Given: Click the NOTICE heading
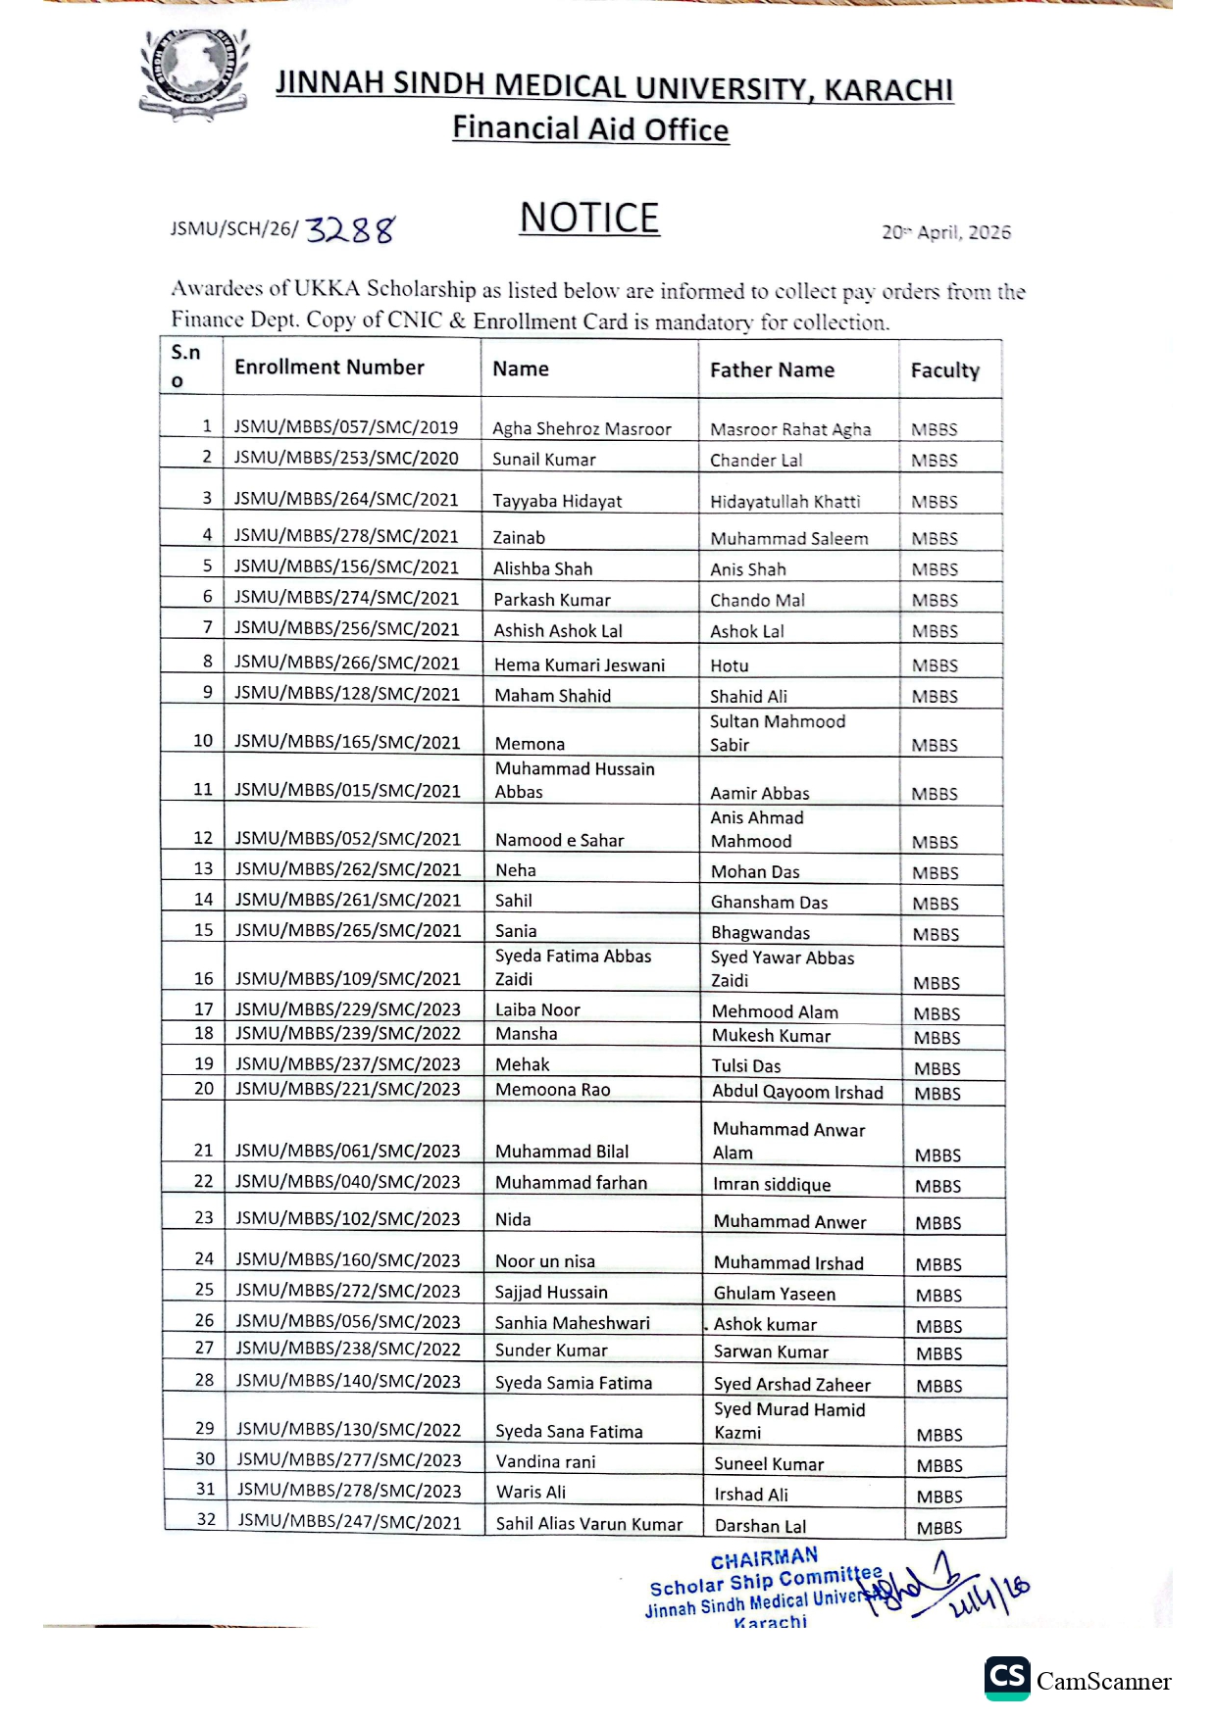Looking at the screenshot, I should pyautogui.click(x=589, y=218).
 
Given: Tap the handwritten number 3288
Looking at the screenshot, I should pyautogui.click(x=350, y=230).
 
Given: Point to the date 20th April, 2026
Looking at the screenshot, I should pyautogui.click(x=945, y=232).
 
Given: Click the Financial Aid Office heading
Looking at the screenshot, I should pyautogui.click(x=590, y=129).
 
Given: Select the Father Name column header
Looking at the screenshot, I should pyautogui.click(x=772, y=370).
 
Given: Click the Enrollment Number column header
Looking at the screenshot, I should pyautogui.click(x=329, y=368).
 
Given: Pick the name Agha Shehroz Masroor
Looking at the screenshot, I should pyautogui.click(x=582, y=428).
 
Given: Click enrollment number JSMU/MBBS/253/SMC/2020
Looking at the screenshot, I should pyautogui.click(x=346, y=458).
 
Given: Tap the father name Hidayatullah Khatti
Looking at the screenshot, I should pyautogui.click(x=785, y=502).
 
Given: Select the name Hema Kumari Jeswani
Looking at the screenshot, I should pyautogui.click(x=579, y=664).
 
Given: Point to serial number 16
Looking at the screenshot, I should pyautogui.click(x=203, y=978).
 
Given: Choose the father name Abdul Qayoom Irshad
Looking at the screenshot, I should pyautogui.click(x=797, y=1092).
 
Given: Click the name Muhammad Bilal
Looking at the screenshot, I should pyautogui.click(x=562, y=1152).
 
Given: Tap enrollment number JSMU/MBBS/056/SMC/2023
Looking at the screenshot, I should pyautogui.click(x=348, y=1320).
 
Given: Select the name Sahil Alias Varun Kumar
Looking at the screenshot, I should pyautogui.click(x=588, y=1524).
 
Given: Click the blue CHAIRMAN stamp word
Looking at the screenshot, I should pyautogui.click(x=764, y=1558).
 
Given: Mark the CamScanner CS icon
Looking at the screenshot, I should pyautogui.click(x=1007, y=1679).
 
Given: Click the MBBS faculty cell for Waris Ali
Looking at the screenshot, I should pyautogui.click(x=939, y=1497).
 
